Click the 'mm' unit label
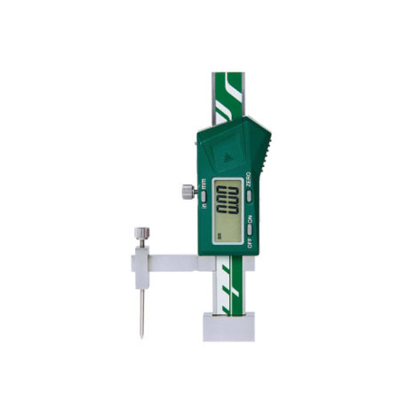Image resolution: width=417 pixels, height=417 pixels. coord(204,184)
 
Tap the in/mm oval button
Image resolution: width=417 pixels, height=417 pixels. coord(203,195)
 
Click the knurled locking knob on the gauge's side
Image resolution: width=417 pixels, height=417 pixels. coord(187,191)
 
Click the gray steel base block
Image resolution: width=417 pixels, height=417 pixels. coord(228,326)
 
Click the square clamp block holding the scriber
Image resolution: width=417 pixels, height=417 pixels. coord(142,265)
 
